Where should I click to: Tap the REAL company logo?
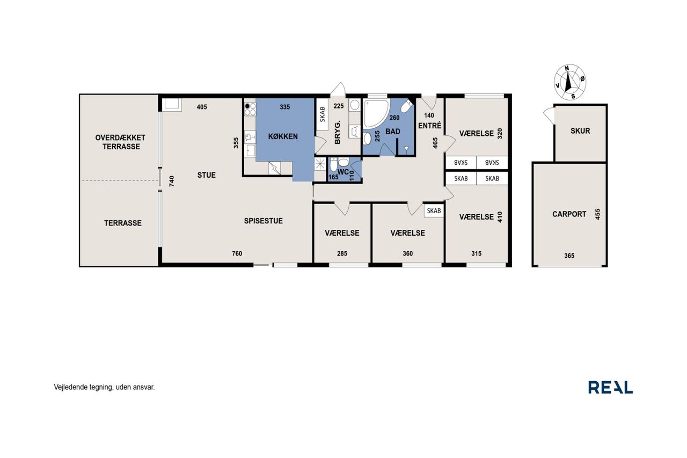pos(610,387)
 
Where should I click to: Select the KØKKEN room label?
pos(283,136)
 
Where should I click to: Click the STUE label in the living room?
pos(207,175)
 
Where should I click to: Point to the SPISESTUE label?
pos(263,221)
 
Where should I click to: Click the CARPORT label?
pos(569,214)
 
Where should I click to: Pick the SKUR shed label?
pos(580,131)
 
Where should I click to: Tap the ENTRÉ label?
pos(430,126)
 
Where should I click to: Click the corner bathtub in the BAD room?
pos(376,113)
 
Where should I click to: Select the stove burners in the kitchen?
pos(250,109)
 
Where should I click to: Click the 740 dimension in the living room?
pos(172,181)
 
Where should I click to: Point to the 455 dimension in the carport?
pos(597,214)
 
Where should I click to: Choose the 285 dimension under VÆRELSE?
pos(342,253)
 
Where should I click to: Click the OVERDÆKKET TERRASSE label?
pos(120,142)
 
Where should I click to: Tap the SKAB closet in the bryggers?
pos(323,114)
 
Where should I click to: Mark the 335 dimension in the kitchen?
pos(284,107)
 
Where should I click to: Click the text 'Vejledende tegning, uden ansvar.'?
pos(104,387)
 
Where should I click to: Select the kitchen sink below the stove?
pos(251,150)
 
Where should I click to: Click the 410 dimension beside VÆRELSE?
pos(500,217)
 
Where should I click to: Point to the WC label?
pos(343,172)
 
